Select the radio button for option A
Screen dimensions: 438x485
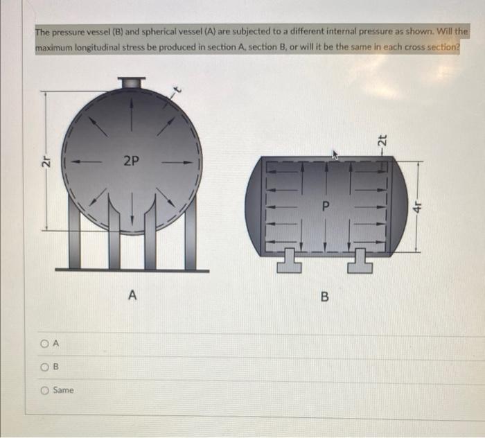(42, 344)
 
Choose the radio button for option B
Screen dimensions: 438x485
(42, 367)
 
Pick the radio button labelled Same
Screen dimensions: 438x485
(42, 390)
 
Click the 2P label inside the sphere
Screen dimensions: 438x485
(131, 161)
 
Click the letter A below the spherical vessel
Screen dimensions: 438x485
(132, 296)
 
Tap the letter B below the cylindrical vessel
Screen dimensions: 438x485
(324, 298)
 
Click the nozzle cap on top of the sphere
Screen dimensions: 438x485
(131, 82)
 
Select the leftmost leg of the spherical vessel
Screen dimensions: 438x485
(75, 239)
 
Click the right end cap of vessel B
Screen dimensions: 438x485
(397, 206)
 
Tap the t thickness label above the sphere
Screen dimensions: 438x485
(176, 90)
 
